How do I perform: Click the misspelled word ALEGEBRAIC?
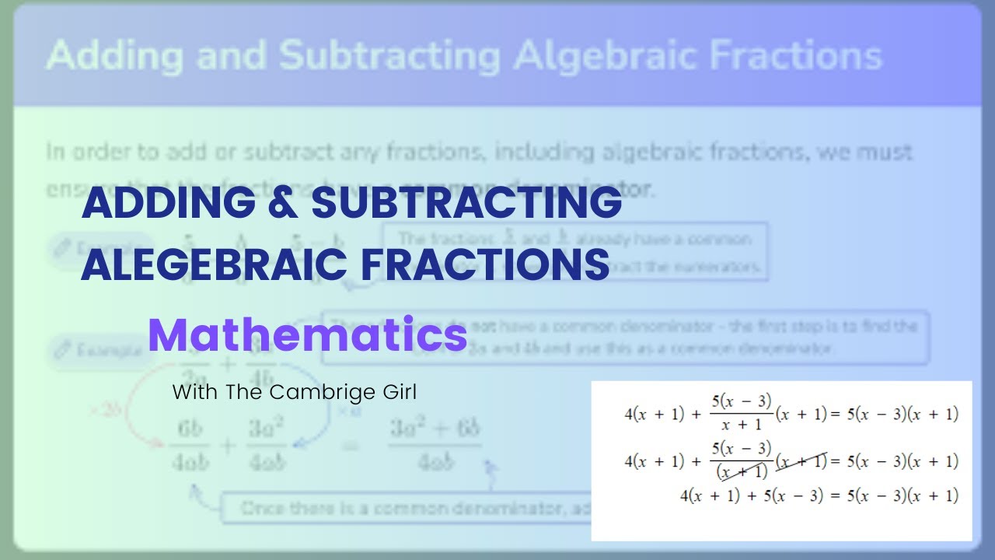213,264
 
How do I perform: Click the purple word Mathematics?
307,335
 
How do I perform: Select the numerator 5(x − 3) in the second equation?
742,448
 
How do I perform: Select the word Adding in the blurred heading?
115,56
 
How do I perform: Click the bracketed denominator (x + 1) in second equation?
742,471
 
